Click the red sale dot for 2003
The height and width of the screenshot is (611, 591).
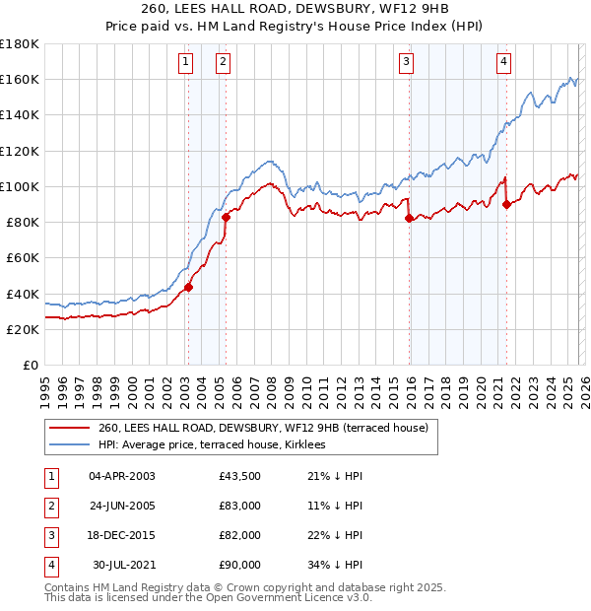point(187,288)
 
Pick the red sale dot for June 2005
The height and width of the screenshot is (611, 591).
point(226,217)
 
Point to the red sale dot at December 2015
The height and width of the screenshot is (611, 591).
point(409,219)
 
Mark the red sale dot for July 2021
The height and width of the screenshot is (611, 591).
point(506,204)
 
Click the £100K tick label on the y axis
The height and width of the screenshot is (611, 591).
point(20,186)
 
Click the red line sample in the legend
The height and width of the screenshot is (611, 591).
point(69,429)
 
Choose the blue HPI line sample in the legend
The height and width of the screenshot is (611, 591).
point(69,445)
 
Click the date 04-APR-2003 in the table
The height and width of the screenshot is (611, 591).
point(121,476)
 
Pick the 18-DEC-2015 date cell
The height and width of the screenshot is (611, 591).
point(121,535)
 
